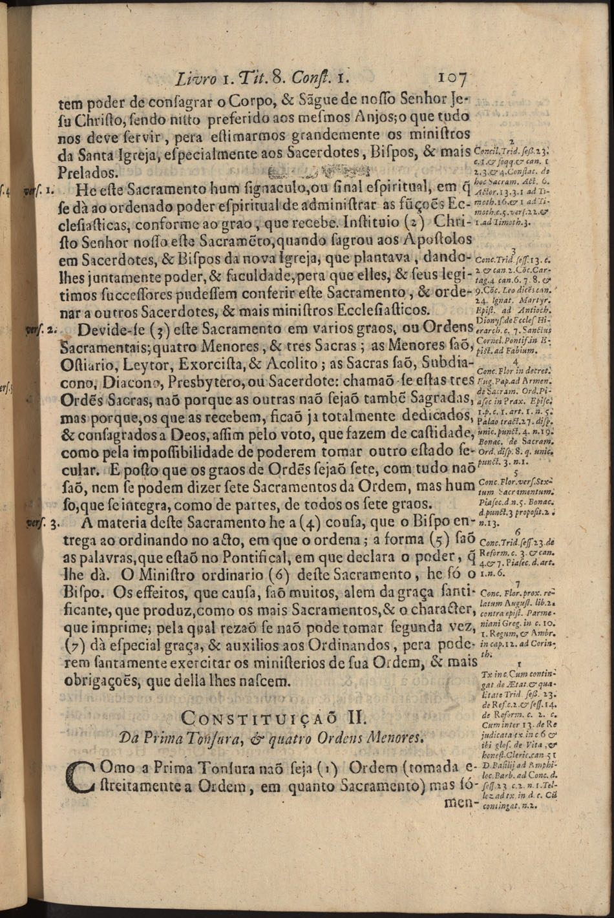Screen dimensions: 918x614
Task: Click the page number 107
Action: pyautogui.click(x=452, y=79)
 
